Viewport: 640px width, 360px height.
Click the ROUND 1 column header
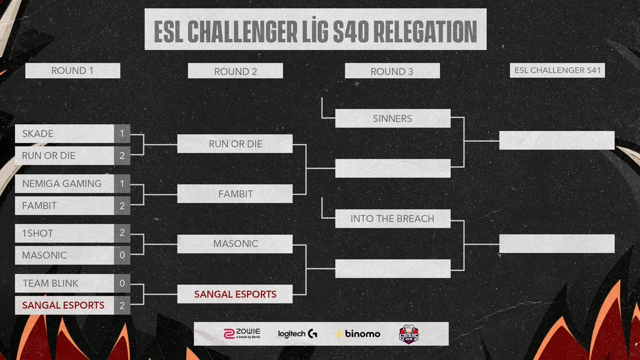[73, 71]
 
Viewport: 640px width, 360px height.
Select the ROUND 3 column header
[392, 71]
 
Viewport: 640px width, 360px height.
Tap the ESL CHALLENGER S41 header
[557, 71]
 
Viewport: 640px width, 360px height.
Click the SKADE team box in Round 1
[65, 134]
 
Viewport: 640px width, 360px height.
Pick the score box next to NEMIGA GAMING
[122, 183]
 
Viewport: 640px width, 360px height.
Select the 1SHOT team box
[65, 233]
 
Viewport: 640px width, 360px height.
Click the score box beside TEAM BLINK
[122, 283]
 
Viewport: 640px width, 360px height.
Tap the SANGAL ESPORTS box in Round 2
[235, 294]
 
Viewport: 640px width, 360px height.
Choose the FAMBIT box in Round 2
[235, 194]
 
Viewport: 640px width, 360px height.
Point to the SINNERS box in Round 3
[393, 118]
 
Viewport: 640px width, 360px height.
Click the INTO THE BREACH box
[393, 219]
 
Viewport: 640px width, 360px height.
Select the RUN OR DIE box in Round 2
[235, 144]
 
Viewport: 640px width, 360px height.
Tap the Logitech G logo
[298, 334]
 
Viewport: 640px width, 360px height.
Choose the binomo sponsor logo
[358, 334]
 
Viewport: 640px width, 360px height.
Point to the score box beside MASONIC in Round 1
[122, 255]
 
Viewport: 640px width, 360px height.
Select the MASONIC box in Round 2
[235, 244]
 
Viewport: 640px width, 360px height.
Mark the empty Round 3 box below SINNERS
[393, 169]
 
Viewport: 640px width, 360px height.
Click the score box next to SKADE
[122, 134]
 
